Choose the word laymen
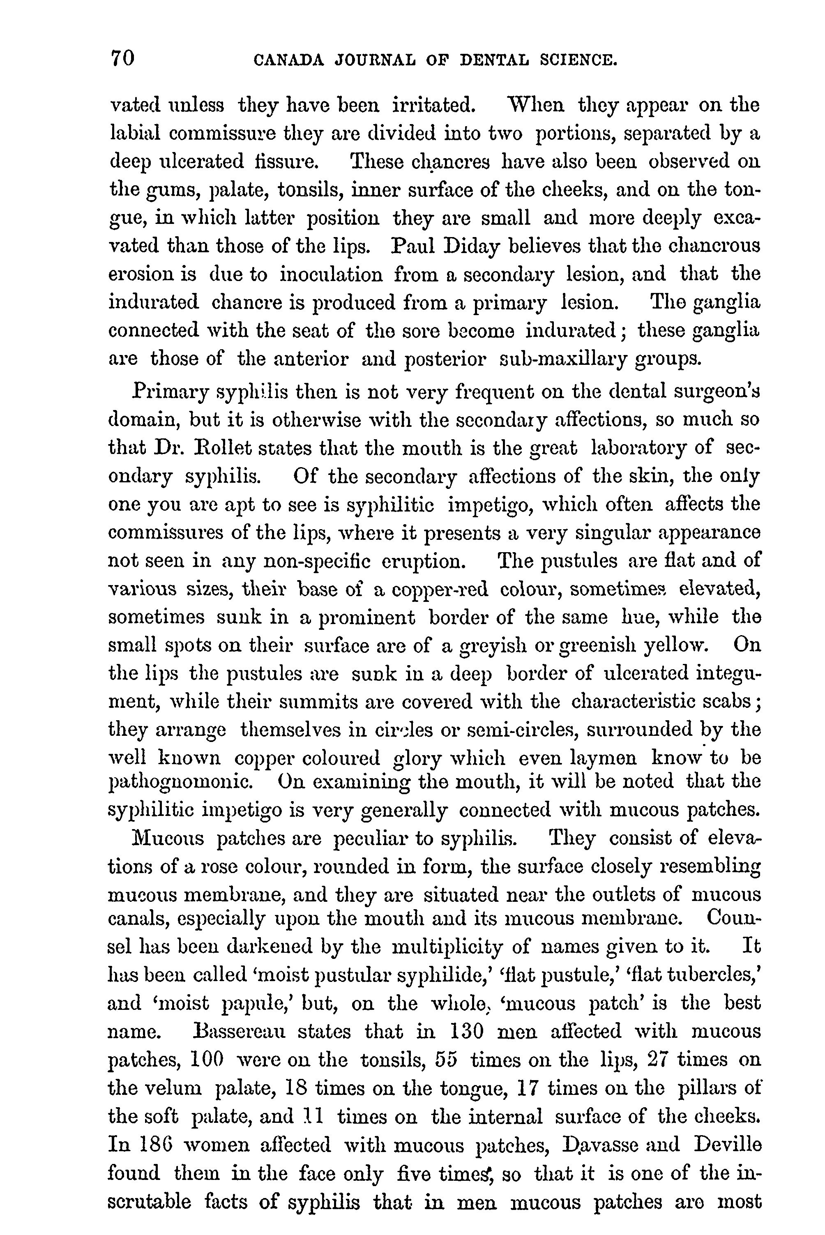click(x=604, y=758)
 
